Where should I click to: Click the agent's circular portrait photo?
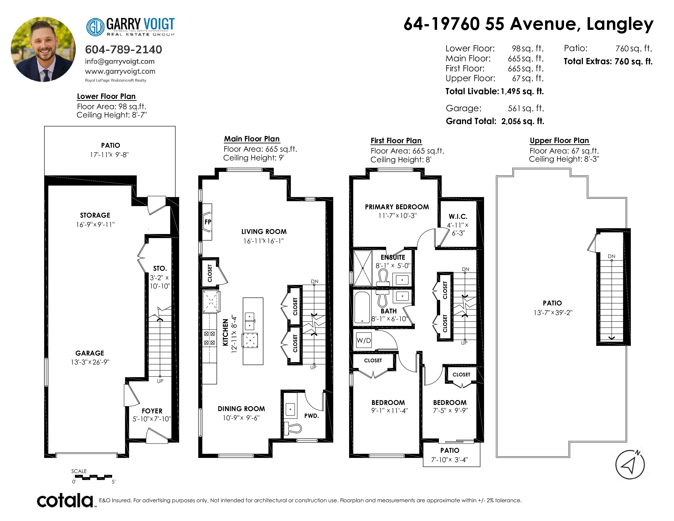(43, 49)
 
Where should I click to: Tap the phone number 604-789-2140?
(123, 49)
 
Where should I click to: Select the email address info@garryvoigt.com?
(120, 61)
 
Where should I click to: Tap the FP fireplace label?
(208, 222)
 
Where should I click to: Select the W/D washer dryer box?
(364, 340)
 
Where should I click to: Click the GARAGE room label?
(90, 353)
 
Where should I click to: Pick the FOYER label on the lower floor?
(152, 411)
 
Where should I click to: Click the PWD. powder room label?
(311, 416)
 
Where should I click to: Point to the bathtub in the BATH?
(362, 307)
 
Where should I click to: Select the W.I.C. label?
(458, 217)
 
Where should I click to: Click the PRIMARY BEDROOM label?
(397, 207)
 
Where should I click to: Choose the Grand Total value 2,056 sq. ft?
(523, 121)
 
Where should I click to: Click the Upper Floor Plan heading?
(559, 140)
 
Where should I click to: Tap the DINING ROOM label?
(241, 409)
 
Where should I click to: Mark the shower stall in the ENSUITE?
(363, 268)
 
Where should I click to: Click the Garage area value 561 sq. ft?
(526, 108)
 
